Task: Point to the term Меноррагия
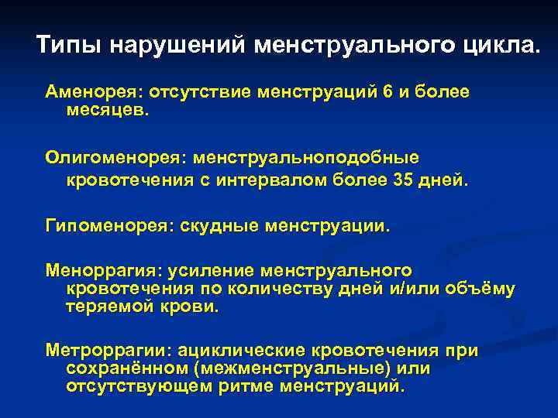pos(98,271)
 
